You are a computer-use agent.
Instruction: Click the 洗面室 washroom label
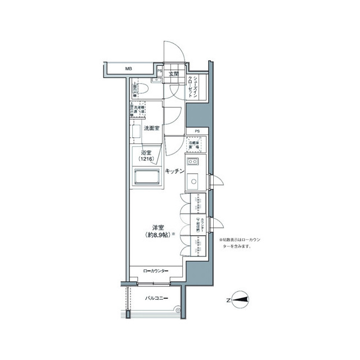pos(151,128)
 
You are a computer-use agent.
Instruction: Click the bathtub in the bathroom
pos(147,179)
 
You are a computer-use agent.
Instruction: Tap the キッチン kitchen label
pos(175,171)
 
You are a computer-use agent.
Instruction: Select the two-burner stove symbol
pos(193,163)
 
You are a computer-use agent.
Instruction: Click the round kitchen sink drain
pos(193,182)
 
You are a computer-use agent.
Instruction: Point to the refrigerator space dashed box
pos(194,145)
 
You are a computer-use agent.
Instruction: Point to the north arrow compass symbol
pos(239,300)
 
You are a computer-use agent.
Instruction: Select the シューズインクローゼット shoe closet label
pos(193,87)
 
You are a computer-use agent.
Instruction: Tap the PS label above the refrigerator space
pos(197,132)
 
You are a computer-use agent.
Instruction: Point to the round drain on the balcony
pos(178,308)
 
